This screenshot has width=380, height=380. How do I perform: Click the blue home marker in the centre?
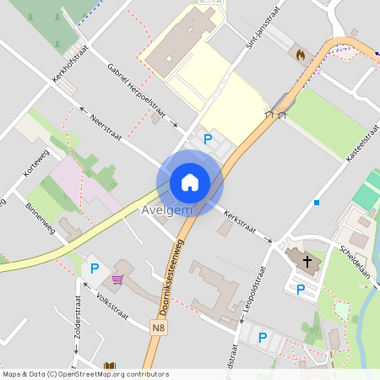pos(189,182)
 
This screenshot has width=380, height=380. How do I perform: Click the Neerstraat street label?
pos(106,128)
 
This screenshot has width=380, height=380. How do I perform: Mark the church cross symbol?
pos(307,263)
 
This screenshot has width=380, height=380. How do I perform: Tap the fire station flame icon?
pos(300,54)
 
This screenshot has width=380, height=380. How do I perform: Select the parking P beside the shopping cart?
pos(95,269)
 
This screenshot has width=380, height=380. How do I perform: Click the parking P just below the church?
pos(301,290)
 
